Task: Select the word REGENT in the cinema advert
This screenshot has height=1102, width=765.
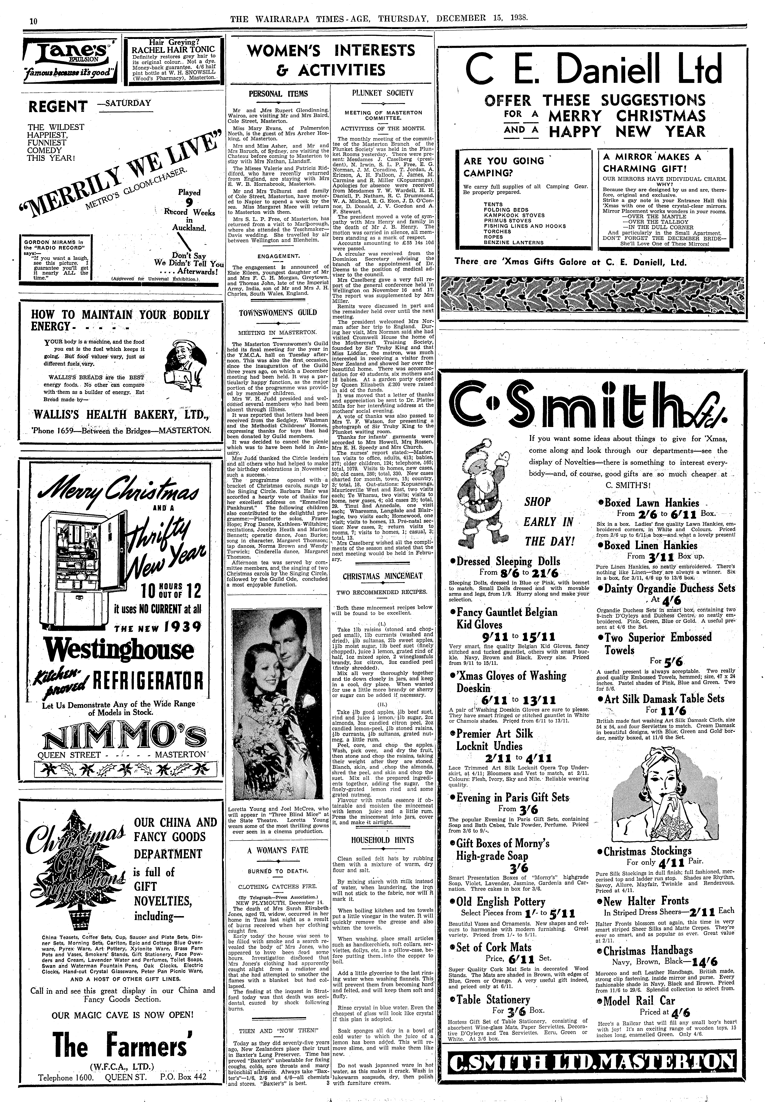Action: point(58,106)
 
